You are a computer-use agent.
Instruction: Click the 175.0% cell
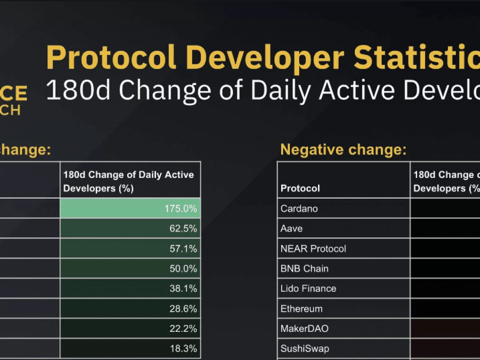point(180,208)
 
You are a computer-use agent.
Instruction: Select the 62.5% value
point(183,228)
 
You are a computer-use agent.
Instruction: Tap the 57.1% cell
point(183,248)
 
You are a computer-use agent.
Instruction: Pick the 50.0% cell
point(183,268)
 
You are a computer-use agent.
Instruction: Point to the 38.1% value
point(183,288)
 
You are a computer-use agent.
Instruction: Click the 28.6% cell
point(183,308)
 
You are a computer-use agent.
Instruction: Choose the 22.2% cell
point(183,328)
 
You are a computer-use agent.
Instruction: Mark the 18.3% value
point(183,348)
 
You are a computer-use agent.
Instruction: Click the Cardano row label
point(299,208)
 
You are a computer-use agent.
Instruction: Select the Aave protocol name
point(292,228)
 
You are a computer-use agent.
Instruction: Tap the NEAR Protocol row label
point(313,248)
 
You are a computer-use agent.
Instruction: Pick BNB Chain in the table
point(304,268)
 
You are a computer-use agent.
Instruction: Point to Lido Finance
point(308,288)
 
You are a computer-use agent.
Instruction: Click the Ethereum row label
point(302,308)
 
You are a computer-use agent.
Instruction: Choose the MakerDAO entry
point(304,328)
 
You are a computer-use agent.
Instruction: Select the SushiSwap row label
point(305,348)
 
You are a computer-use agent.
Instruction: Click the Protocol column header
point(300,188)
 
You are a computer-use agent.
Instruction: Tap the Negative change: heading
point(343,150)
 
